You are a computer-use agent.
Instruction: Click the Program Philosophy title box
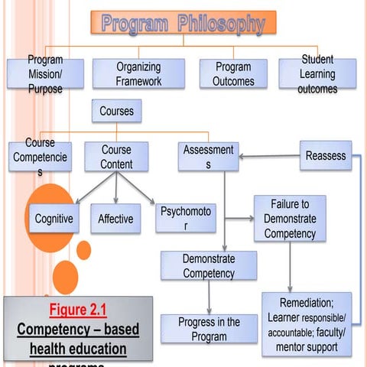(183, 23)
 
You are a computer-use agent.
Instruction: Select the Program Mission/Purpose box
(44, 74)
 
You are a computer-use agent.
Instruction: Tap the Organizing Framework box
(138, 74)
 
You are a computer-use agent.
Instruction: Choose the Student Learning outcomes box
(317, 74)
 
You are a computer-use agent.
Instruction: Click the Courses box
(116, 111)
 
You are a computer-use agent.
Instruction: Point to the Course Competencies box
(40, 157)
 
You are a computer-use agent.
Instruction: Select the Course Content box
(116, 156)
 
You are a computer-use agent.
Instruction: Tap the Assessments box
(208, 156)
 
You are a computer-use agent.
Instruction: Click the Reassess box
(326, 155)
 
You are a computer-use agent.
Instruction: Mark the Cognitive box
(54, 219)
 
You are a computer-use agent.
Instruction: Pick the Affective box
(115, 219)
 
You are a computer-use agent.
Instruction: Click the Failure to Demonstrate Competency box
(290, 219)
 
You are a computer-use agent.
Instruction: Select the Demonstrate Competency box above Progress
(209, 265)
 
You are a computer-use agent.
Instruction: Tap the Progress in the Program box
(209, 328)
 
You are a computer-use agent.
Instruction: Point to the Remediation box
(307, 324)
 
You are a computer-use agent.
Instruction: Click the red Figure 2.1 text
(78, 310)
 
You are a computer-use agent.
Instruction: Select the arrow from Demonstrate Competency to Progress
(209, 297)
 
